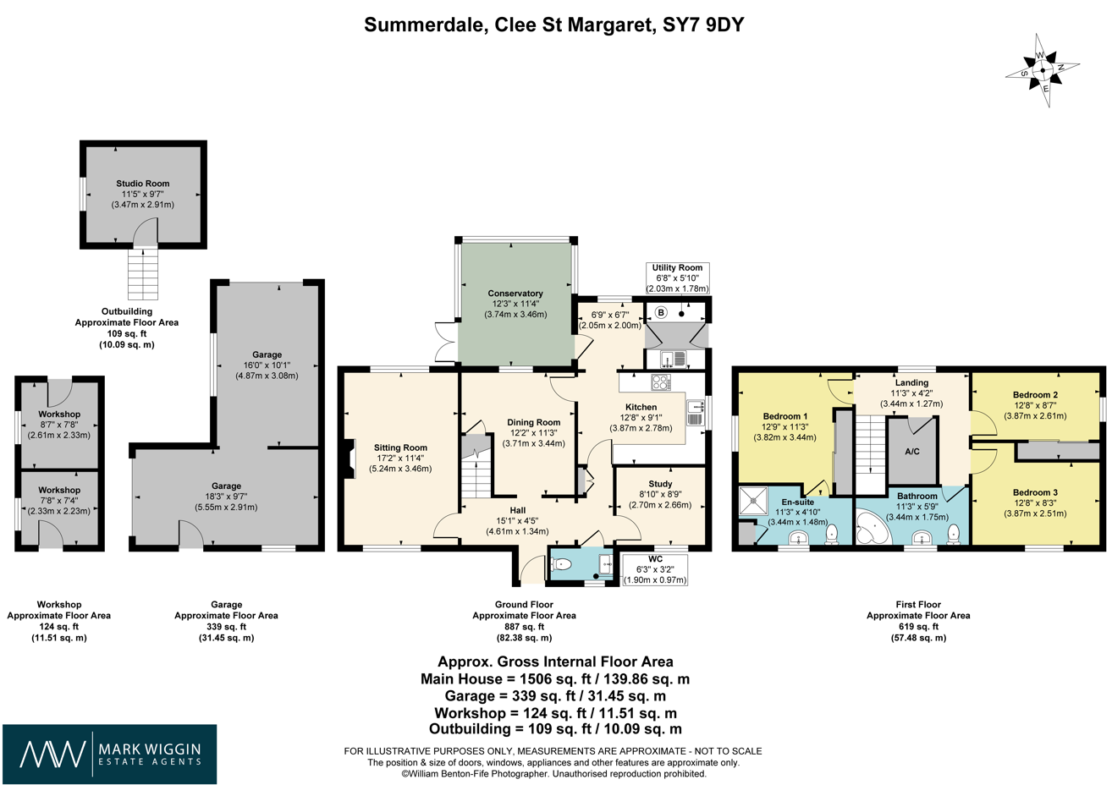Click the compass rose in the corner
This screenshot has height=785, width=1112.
click(x=1043, y=70)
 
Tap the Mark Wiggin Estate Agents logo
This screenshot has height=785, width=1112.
click(x=109, y=754)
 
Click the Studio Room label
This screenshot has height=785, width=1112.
click(x=143, y=184)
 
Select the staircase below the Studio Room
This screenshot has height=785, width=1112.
click(x=143, y=274)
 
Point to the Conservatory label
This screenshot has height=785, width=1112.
click(x=515, y=294)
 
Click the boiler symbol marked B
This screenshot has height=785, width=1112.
click(x=662, y=312)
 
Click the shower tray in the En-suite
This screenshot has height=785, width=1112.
click(x=752, y=502)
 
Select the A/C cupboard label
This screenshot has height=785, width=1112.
click(x=912, y=452)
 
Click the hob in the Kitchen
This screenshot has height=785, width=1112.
click(x=661, y=382)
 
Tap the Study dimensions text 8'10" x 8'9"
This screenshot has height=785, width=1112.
click(x=660, y=494)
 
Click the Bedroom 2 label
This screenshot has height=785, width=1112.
click(x=1036, y=395)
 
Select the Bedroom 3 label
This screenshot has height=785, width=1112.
click(x=1036, y=492)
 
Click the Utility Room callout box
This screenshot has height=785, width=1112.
click(x=677, y=277)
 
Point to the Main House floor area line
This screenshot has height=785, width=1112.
click(x=554, y=679)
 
